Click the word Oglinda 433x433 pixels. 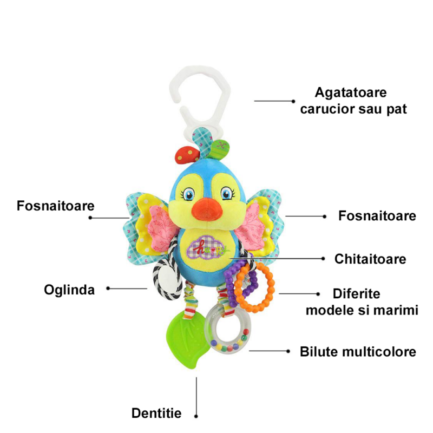[x=69, y=290]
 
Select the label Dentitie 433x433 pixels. [x=156, y=414]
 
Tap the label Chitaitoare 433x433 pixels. [x=370, y=259]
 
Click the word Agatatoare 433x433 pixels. [x=351, y=92]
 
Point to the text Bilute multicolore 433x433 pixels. [x=358, y=352]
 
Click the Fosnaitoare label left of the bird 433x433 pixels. [x=56, y=206]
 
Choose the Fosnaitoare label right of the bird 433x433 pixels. [x=377, y=216]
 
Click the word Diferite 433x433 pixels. [x=357, y=294]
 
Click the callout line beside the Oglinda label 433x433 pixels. [x=128, y=288]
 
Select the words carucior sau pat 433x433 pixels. [x=361, y=109]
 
